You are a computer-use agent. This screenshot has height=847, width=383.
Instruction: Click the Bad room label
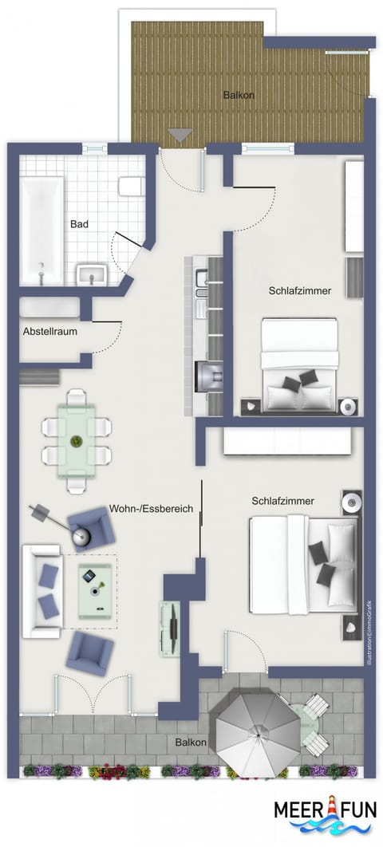tap(79, 225)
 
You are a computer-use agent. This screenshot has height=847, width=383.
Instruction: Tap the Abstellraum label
tap(49, 331)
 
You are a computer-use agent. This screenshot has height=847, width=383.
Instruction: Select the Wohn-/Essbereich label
tap(150, 507)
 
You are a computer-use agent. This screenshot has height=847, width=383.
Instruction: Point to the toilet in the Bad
tap(131, 187)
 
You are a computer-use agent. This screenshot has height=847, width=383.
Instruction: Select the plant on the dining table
tap(77, 440)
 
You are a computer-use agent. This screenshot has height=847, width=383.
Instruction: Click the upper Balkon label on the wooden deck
tap(239, 96)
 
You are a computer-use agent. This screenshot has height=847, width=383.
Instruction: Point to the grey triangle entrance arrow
tap(180, 136)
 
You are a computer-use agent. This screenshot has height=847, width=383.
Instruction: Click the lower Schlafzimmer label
tap(282, 502)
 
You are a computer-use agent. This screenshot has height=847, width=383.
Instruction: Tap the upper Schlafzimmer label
tap(299, 291)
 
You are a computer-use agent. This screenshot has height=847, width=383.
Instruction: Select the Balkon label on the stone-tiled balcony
tap(191, 743)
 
